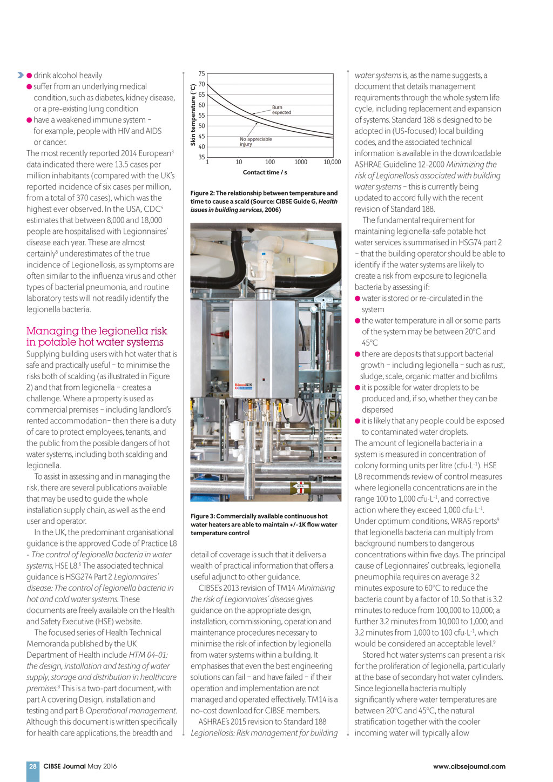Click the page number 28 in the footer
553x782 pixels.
[33, 766]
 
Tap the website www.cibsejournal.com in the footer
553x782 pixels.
[469, 766]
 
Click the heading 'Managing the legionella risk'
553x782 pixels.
[97, 331]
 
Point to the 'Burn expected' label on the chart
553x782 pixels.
[281, 110]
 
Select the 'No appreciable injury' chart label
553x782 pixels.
[255, 141]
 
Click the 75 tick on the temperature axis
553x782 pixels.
[201, 74]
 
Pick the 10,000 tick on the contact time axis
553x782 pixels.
[332, 162]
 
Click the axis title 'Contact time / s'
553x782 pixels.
[265, 172]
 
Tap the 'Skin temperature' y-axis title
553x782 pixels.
[193, 114]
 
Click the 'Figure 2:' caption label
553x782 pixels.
[203, 193]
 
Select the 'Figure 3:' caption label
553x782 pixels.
[203, 516]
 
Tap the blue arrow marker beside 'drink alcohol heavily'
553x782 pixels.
[21, 75]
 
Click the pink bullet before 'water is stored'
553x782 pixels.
[358, 298]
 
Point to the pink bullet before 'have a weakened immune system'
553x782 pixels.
[29, 120]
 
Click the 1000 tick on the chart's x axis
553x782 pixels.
[301, 162]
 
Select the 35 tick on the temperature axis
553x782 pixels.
[201, 157]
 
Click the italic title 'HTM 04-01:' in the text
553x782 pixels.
[148, 655]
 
